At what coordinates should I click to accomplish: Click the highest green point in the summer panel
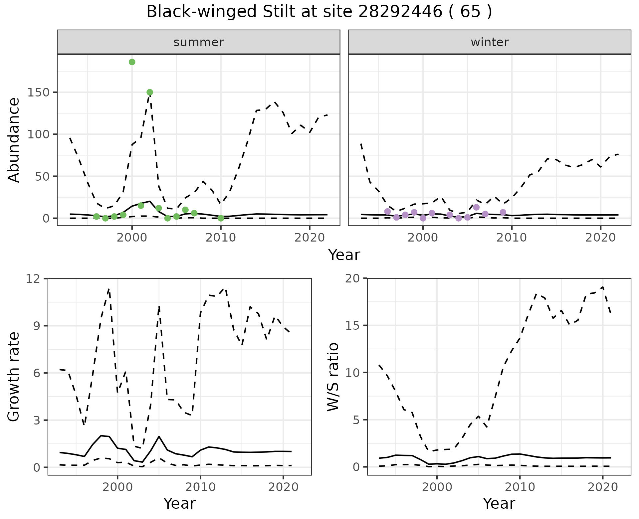pyautogui.click(x=132, y=62)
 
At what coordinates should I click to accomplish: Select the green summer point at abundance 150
pyautogui.click(x=150, y=92)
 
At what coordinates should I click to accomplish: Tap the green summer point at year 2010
pyautogui.click(x=221, y=218)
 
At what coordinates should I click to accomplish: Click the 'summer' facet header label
pyautogui.click(x=199, y=42)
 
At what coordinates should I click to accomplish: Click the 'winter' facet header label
pyautogui.click(x=490, y=42)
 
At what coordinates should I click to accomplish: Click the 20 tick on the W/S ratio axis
pyautogui.click(x=354, y=278)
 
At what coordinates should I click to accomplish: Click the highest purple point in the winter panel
pyautogui.click(x=476, y=207)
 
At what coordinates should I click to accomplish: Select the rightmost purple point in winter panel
pyautogui.click(x=503, y=212)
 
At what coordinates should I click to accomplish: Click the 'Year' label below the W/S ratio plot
pyautogui.click(x=499, y=504)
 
